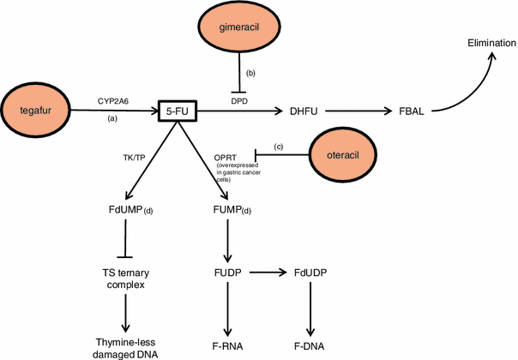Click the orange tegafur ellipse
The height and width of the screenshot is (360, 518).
(38, 110)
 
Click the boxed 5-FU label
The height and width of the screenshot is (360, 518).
(178, 110)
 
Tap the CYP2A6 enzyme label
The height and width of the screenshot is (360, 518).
(113, 99)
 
